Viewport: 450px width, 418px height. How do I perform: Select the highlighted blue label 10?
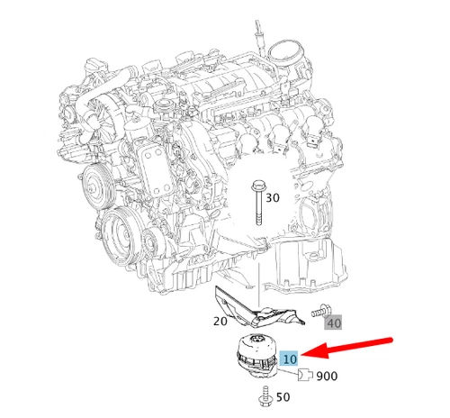pos(289,358)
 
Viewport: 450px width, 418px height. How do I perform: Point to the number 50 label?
pos(283,396)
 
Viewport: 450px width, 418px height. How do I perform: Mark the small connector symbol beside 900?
pos(306,373)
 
